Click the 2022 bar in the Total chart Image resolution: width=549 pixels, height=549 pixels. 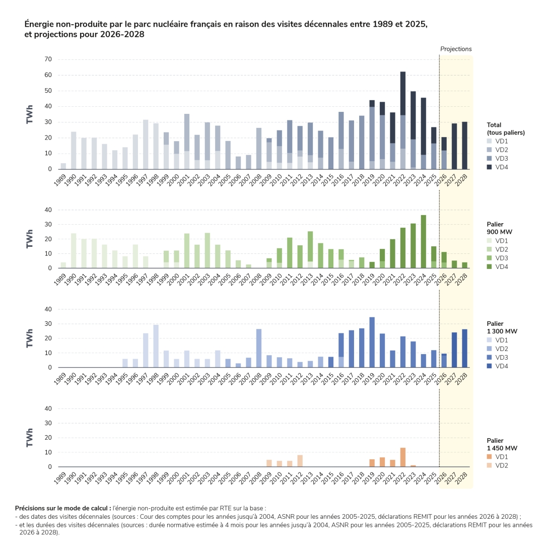402,120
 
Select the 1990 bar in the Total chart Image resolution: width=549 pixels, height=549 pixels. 74,151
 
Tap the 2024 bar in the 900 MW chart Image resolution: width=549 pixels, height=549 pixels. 423,242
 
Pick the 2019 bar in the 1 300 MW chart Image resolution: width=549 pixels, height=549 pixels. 372,342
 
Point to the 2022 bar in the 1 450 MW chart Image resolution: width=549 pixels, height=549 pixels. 402,457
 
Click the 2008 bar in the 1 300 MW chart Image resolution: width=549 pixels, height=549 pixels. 259,349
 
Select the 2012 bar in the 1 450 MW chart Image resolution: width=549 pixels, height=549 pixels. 300,461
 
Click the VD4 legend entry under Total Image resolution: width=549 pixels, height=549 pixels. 498,167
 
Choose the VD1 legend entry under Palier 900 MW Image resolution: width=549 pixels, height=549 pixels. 498,241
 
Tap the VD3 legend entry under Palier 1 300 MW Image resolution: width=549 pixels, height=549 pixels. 498,358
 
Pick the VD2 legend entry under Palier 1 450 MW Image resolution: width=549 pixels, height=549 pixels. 498,465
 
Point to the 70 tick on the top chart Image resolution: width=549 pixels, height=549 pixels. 48,59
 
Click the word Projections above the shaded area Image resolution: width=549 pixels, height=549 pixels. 456,49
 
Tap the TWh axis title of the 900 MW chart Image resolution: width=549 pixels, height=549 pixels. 29,239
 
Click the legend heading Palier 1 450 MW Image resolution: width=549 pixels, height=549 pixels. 502,444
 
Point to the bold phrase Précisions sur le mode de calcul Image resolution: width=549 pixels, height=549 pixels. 63,508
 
